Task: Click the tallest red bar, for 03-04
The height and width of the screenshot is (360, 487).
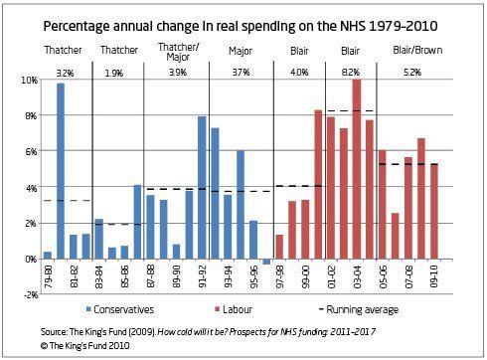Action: point(357,169)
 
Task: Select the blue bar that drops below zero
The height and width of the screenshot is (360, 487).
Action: point(266,262)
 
